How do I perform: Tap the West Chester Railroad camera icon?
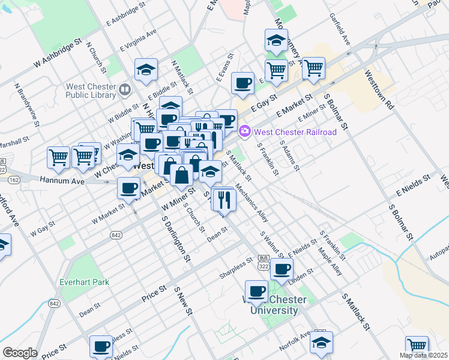click(245, 131)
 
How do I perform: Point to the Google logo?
click(19, 353)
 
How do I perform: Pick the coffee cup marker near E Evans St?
click(243, 83)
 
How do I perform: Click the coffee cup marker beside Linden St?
click(282, 268)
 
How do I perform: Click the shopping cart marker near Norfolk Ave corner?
click(417, 346)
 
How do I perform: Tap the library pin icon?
click(125, 90)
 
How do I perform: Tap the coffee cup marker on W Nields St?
click(101, 346)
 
